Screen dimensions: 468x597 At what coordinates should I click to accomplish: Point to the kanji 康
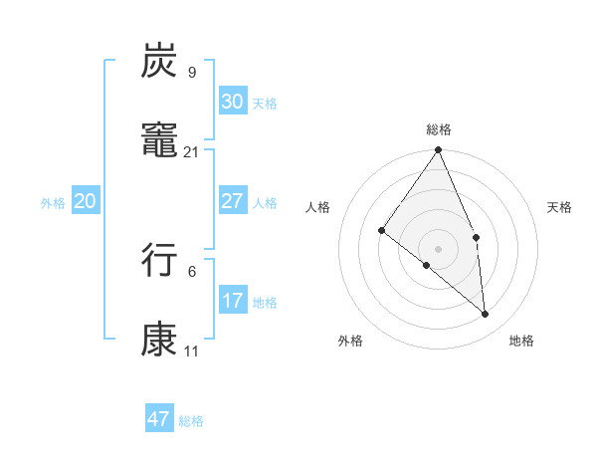click(x=159, y=340)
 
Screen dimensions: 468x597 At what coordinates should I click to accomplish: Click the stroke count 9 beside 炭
click(x=191, y=72)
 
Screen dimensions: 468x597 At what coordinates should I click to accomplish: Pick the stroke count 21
click(x=191, y=151)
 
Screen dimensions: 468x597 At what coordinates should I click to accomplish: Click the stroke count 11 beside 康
click(x=191, y=351)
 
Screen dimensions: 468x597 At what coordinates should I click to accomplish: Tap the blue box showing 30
click(x=232, y=102)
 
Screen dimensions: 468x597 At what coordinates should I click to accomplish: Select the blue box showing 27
click(x=232, y=201)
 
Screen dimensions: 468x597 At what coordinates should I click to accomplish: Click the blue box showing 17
click(x=232, y=301)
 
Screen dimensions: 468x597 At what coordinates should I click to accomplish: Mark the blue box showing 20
click(x=85, y=201)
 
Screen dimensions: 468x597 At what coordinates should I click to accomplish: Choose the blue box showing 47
click(x=159, y=419)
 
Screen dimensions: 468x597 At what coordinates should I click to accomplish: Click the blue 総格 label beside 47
click(x=191, y=421)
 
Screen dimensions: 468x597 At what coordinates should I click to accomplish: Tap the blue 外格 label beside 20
click(x=53, y=203)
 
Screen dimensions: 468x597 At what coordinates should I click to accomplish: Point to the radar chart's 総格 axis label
click(x=439, y=129)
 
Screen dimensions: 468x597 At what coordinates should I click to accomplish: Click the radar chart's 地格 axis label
click(x=521, y=341)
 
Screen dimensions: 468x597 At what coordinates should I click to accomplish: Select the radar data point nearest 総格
click(x=439, y=150)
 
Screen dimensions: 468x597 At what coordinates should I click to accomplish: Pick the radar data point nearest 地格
click(x=486, y=314)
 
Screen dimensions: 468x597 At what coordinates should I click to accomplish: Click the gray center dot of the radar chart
click(x=439, y=248)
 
